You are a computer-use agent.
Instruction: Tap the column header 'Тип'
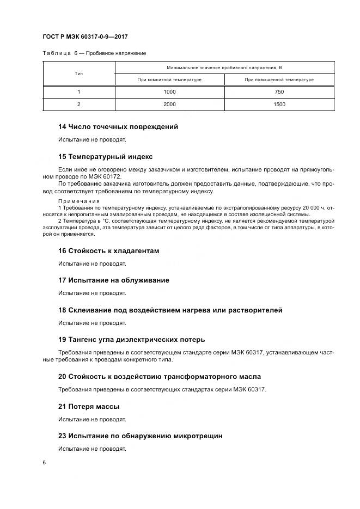click(78, 73)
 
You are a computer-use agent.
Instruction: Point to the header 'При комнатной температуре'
click(169, 79)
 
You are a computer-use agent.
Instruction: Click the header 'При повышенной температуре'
click(279, 79)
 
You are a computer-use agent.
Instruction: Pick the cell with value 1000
click(169, 92)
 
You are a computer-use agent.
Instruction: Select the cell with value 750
click(279, 92)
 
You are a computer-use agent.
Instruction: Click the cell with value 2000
click(169, 104)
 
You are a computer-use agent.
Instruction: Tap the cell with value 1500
click(279, 104)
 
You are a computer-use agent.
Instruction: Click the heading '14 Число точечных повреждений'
click(118, 127)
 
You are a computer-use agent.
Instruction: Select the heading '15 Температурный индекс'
click(106, 156)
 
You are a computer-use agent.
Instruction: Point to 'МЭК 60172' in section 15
click(108, 176)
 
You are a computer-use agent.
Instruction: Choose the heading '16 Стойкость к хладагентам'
click(108, 251)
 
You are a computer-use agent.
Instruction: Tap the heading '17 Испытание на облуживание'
click(113, 280)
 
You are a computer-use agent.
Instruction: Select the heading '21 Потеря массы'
click(89, 407)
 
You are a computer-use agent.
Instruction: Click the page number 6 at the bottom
click(44, 462)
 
